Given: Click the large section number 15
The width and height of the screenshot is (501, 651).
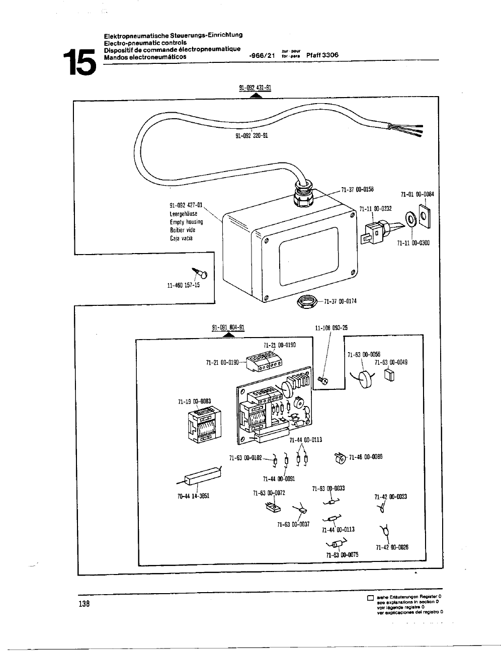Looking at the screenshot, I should [78, 62].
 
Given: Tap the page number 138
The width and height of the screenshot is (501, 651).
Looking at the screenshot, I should [84, 604].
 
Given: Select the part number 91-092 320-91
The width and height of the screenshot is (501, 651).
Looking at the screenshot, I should [252, 135].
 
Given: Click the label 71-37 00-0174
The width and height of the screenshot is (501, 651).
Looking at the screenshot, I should [341, 301].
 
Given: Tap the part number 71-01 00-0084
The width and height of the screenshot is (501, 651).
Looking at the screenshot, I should [418, 194].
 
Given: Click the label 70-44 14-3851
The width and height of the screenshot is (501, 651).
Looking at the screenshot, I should [193, 496].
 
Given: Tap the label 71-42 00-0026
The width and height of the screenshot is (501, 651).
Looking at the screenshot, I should [392, 547].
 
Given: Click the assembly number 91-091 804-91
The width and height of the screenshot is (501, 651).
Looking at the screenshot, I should [228, 328].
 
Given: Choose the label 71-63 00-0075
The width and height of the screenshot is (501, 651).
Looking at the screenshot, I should [342, 554].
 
